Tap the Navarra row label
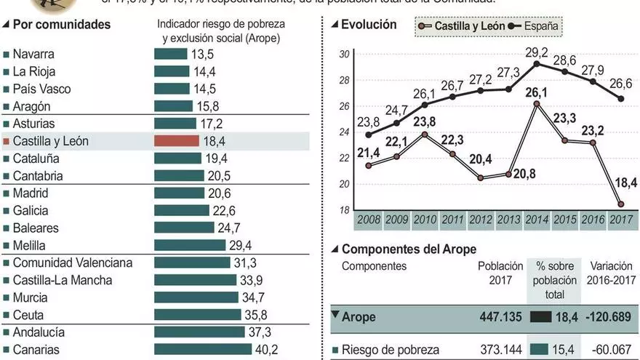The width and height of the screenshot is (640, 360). click(x=33, y=54)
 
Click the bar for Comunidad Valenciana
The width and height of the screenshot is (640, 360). click(x=193, y=263)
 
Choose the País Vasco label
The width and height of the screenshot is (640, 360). click(x=43, y=89)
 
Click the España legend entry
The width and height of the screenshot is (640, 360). click(x=535, y=27)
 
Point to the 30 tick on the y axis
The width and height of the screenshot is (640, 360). click(x=345, y=54)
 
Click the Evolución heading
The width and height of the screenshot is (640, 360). click(x=369, y=25)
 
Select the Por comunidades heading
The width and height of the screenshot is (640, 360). click(x=62, y=25)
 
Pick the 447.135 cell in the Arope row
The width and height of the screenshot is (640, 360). click(x=498, y=316)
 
